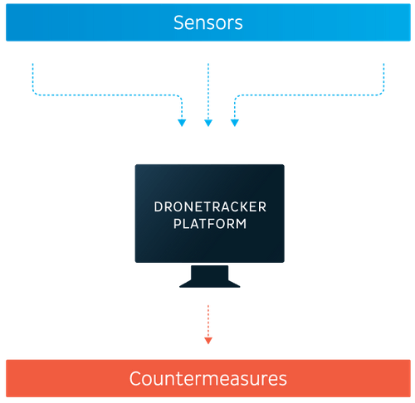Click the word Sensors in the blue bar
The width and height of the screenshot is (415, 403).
click(x=207, y=22)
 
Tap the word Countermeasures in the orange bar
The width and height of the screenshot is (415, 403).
click(x=207, y=379)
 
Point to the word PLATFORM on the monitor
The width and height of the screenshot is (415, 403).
click(x=208, y=223)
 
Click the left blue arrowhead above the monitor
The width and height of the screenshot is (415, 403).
click(x=182, y=124)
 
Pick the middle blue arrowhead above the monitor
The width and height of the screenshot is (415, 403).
click(x=208, y=124)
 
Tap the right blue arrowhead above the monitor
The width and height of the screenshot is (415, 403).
click(x=235, y=124)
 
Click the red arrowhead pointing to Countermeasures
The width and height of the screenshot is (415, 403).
click(x=208, y=339)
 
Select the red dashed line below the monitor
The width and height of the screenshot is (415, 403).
click(x=208, y=319)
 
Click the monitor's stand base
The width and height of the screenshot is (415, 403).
click(x=208, y=281)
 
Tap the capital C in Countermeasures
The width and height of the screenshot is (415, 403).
click(x=135, y=379)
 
